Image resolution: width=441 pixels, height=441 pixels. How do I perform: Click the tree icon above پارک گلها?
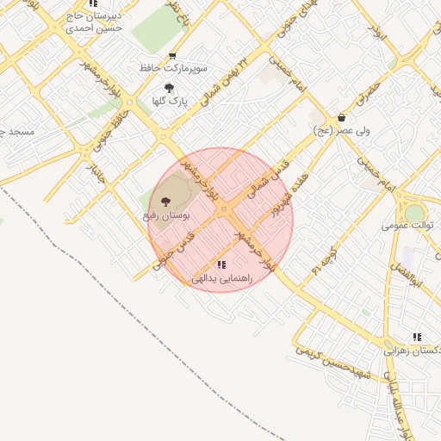169,88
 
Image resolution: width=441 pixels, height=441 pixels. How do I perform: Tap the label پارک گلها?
170,102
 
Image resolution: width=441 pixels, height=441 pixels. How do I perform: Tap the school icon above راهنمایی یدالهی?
221,265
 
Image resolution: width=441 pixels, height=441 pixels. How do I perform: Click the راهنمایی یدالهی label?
221,278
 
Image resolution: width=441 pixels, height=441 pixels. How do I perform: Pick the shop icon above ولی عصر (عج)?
342,118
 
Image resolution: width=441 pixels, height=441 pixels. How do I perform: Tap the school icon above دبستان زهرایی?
417,337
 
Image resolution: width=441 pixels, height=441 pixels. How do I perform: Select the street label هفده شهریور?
281,200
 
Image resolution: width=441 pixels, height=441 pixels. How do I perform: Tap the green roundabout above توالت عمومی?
415,213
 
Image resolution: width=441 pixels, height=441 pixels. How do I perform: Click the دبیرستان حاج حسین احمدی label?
94,22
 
